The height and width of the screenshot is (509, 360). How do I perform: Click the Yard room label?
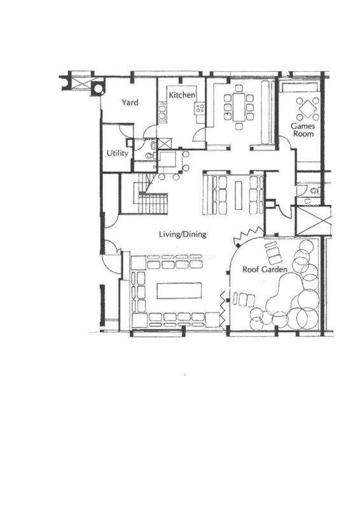130,102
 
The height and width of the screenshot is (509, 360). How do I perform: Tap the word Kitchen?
182,95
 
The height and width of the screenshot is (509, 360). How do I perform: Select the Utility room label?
118,153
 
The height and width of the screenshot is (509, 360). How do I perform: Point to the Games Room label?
303,130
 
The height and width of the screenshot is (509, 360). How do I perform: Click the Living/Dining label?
183,234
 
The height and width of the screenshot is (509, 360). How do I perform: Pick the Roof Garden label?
265,269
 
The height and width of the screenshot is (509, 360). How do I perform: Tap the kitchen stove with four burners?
200,108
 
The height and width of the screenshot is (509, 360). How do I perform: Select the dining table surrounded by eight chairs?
239,107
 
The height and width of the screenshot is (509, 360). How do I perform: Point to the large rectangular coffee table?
179,291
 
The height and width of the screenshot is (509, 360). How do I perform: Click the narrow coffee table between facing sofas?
239,195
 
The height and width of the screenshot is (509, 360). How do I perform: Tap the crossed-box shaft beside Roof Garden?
313,220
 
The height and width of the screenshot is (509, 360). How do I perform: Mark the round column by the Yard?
97,88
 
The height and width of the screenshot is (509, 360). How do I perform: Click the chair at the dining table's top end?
239,88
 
